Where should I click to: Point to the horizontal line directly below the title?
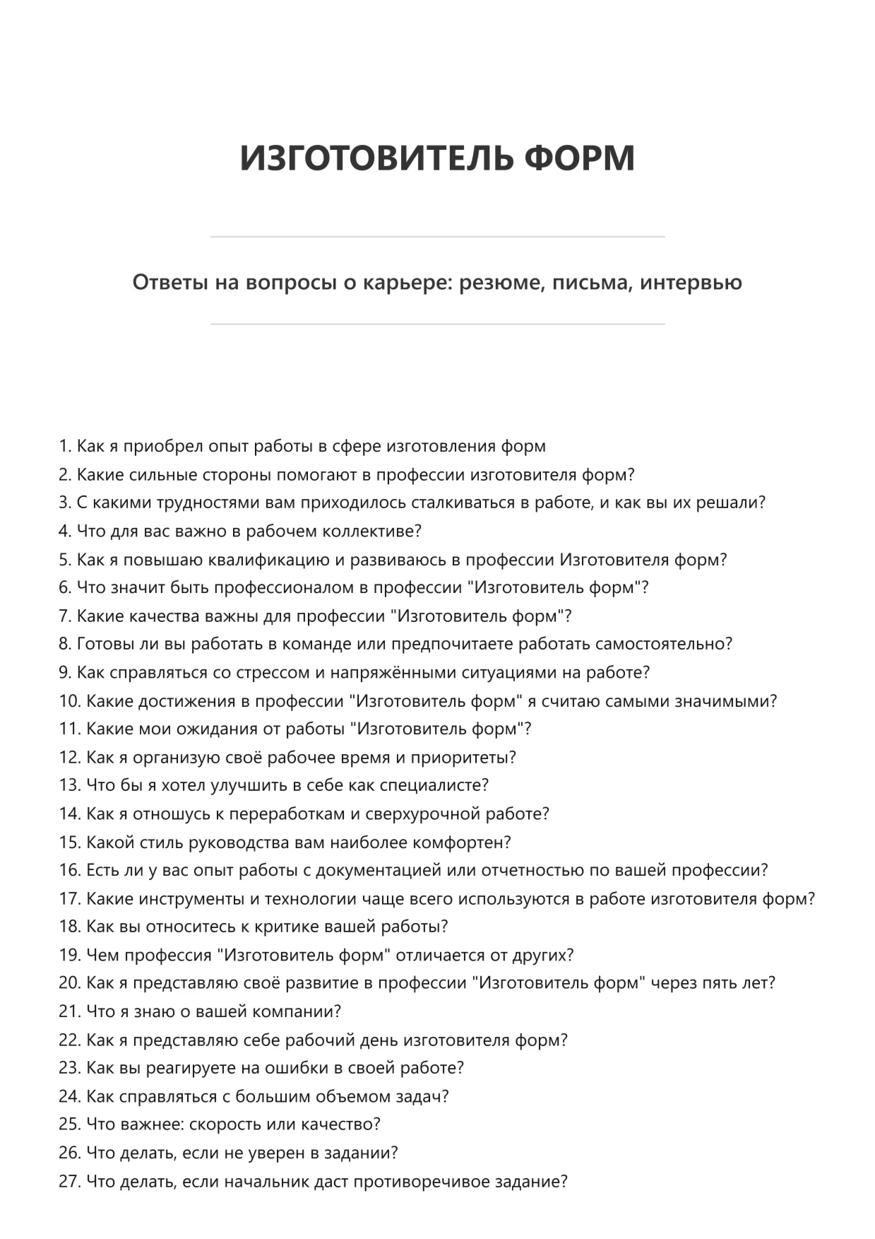(437, 237)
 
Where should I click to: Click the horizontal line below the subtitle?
(437, 324)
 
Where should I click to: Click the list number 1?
(64, 446)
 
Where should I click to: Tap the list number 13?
(69, 785)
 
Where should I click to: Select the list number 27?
(69, 1181)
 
